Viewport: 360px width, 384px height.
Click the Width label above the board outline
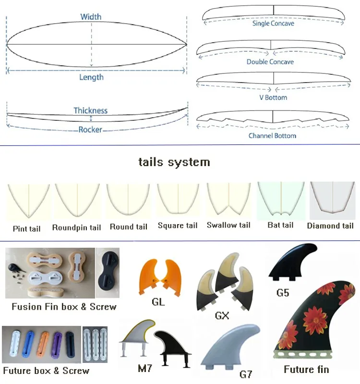click(x=91, y=17)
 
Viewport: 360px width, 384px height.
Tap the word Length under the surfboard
click(x=91, y=77)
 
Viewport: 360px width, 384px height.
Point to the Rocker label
click(x=90, y=130)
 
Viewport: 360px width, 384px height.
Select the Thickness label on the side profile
click(x=91, y=110)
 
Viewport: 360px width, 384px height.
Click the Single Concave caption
click(x=273, y=24)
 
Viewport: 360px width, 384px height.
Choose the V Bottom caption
click(x=273, y=97)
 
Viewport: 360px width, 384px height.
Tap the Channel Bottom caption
click(x=272, y=136)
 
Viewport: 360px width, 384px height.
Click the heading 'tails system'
click(x=174, y=162)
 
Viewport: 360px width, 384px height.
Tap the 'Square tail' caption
click(x=178, y=225)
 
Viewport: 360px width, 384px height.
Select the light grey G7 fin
click(x=230, y=347)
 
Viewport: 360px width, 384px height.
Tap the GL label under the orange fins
click(x=158, y=302)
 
